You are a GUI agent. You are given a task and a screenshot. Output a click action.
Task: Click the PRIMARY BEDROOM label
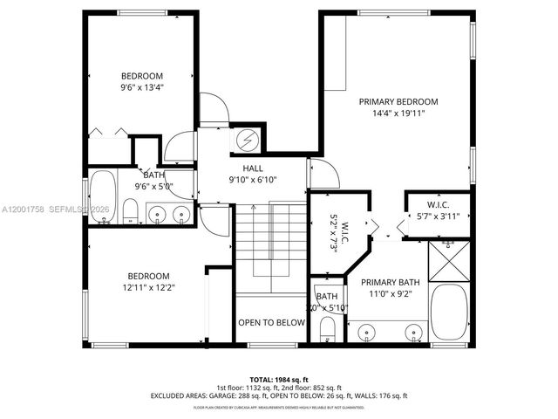pyautogui.click(x=398, y=101)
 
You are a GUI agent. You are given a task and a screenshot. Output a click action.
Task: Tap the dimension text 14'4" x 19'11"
pyautogui.click(x=398, y=113)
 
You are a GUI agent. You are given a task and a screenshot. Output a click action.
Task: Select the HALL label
pyautogui.click(x=253, y=168)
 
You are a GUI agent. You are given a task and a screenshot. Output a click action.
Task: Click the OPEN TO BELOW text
pyautogui.click(x=272, y=323)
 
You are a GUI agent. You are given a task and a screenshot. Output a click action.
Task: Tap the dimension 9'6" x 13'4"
pyautogui.click(x=142, y=87)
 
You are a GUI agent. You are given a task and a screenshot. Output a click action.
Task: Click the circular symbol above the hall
pyautogui.click(x=247, y=140)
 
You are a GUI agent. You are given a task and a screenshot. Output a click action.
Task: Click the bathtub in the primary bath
pyautogui.click(x=450, y=310)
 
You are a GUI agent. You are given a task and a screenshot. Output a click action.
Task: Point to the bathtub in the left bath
pyautogui.click(x=103, y=198)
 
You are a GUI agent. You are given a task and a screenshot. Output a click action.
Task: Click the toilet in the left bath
pyautogui.click(x=129, y=210)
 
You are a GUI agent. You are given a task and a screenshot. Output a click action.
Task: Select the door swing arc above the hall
pyautogui.click(x=214, y=109)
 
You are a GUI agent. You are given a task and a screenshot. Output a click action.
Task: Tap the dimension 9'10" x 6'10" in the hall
pyautogui.click(x=253, y=180)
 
